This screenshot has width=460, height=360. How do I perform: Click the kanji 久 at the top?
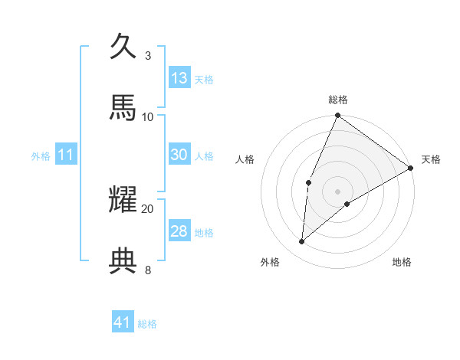click(x=124, y=47)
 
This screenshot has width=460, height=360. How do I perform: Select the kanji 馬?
click(x=124, y=108)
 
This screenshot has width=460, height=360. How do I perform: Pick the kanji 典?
click(x=124, y=261)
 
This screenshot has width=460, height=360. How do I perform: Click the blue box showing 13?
click(x=179, y=78)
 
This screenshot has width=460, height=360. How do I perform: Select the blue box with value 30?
click(x=179, y=155)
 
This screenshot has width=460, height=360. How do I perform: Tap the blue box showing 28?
click(x=179, y=231)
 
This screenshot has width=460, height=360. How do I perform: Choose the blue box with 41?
click(x=123, y=322)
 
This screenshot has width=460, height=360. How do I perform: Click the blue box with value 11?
click(x=66, y=155)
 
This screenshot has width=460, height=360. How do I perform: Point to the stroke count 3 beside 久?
click(x=147, y=56)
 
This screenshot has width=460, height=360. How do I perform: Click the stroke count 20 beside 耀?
click(x=148, y=208)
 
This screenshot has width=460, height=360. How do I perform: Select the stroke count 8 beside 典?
click(x=147, y=270)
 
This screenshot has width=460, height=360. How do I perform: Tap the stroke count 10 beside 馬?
click(x=148, y=116)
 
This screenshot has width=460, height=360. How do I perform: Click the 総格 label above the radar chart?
click(x=338, y=100)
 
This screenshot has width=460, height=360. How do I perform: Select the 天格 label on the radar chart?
click(x=431, y=159)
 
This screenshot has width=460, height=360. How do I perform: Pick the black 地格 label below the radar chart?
click(x=402, y=262)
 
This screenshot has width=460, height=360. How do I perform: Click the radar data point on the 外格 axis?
click(x=302, y=242)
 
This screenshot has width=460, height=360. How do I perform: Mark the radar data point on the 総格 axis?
click(x=338, y=116)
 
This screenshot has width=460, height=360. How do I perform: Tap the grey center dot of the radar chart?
click(x=338, y=191)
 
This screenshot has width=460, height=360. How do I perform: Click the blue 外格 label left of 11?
click(x=41, y=155)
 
